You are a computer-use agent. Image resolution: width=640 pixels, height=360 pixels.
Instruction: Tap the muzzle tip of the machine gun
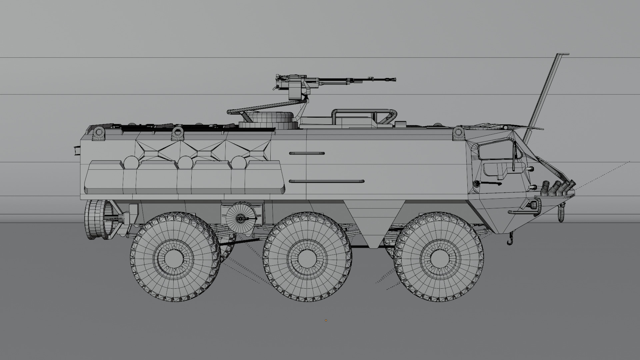point(395,79)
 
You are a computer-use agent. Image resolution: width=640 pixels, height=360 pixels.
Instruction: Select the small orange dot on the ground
point(326,321)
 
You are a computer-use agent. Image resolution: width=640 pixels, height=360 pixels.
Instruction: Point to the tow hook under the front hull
point(510,241)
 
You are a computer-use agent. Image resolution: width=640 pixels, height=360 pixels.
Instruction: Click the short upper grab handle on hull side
point(307,153)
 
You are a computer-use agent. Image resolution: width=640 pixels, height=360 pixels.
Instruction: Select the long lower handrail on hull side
point(327,181)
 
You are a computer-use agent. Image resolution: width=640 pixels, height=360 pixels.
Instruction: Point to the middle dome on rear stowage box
point(185,162)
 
